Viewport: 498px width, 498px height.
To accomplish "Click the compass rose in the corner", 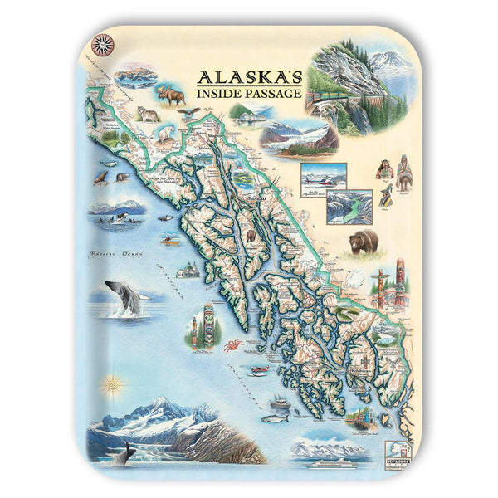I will point(102,44).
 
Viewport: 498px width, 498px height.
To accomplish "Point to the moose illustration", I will point(171,95).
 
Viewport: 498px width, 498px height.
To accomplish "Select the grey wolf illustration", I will point(148,114).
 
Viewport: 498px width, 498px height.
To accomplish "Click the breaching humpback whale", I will point(123,298).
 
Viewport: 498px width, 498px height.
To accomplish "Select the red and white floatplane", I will point(324,177).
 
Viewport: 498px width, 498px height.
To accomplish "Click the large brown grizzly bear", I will point(363,242).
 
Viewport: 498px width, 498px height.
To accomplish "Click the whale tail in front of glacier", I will point(125,453).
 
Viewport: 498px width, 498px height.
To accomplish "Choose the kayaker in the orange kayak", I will point(170,242).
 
